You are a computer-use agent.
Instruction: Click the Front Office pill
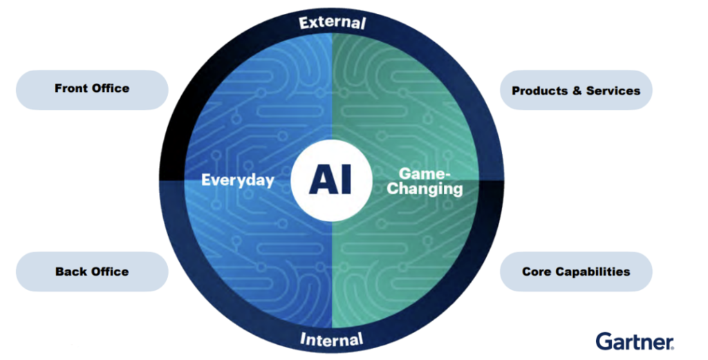pyautogui.click(x=91, y=89)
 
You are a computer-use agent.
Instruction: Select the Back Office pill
pyautogui.click(x=91, y=271)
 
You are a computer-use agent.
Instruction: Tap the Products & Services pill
pyautogui.click(x=575, y=90)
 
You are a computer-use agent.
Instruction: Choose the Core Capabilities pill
pyautogui.click(x=575, y=271)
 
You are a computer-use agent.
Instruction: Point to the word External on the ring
pyautogui.click(x=332, y=22)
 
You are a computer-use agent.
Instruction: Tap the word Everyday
pyautogui.click(x=237, y=180)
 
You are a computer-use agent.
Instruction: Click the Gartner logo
pyautogui.click(x=634, y=341)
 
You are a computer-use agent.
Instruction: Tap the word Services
pyautogui.click(x=613, y=91)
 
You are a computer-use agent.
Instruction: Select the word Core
pyautogui.click(x=537, y=272)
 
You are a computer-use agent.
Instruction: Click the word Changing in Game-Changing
pyautogui.click(x=424, y=189)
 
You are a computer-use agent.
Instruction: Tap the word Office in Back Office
pyautogui.click(x=110, y=272)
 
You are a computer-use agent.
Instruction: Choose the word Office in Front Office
pyautogui.click(x=111, y=88)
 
